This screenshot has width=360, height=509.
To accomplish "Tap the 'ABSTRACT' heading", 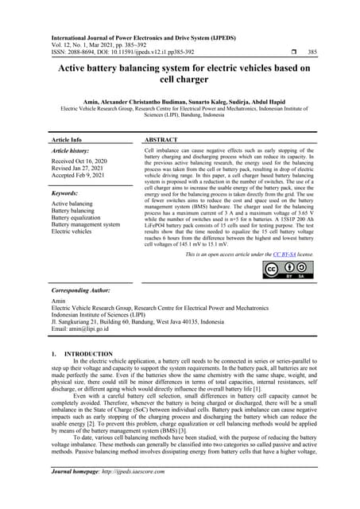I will (x=162, y=138).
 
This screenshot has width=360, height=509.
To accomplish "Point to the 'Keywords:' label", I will (x=68, y=192).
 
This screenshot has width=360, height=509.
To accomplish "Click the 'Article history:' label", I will (x=72, y=150).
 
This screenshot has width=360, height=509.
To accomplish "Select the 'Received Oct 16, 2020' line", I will (x=83, y=161).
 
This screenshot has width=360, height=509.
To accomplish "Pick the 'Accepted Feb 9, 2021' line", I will (x=82, y=177).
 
